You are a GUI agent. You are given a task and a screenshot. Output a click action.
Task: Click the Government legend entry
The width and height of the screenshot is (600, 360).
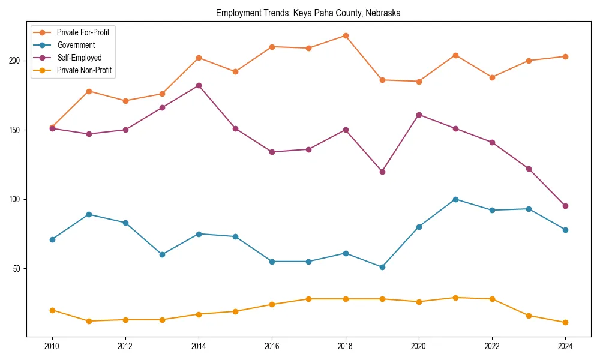76,45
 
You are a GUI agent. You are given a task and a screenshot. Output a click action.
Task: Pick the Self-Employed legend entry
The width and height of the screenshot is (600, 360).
79,58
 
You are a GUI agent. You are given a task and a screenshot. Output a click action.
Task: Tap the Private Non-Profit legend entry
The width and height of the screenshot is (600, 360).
84,71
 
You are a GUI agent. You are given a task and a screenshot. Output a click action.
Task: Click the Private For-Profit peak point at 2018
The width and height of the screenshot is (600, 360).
346,35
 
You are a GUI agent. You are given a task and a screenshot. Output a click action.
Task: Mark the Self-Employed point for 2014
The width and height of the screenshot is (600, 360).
199,86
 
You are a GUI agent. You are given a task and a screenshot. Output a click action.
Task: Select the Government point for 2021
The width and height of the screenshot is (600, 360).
455,199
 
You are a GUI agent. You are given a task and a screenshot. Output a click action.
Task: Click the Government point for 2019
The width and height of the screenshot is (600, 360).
382,267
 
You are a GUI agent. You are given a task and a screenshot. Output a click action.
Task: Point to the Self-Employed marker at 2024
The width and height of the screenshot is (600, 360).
565,206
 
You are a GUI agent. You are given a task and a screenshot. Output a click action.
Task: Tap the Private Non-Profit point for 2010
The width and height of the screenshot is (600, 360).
52,310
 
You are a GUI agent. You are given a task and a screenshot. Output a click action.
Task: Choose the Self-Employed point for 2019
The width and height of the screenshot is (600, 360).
382,172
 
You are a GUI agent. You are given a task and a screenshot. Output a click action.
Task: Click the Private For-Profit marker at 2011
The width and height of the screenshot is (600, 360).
89,91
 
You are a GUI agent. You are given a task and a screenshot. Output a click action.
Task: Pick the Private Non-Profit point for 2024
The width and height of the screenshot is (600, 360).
565,322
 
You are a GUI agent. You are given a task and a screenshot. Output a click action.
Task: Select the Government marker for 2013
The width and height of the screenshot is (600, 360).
162,254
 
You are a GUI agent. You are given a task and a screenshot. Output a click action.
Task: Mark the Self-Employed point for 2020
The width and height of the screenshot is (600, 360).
419,115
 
